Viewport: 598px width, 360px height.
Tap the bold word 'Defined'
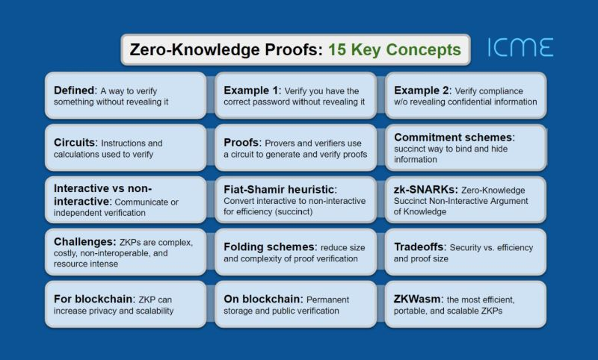pyautogui.click(x=73, y=90)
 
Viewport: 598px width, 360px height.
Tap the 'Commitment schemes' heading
pyautogui.click(x=452, y=137)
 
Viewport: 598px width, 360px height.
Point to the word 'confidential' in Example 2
pyautogui.click(x=458, y=102)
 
